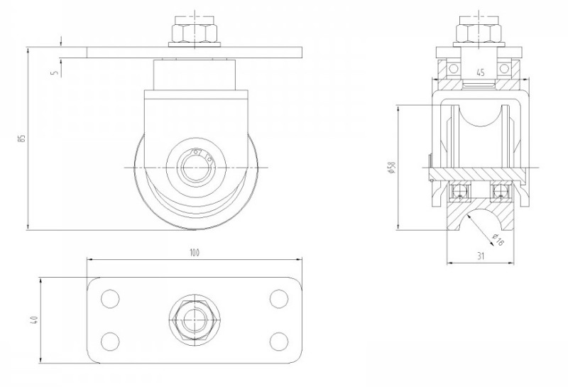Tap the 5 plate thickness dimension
[55, 72]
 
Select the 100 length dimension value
[194, 252]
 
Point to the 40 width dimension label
[33, 322]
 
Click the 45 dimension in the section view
[480, 72]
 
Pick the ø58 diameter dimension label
[390, 168]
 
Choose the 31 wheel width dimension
[481, 256]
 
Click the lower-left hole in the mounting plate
[110, 342]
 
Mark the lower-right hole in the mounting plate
[278, 342]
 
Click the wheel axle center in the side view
[194, 168]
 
